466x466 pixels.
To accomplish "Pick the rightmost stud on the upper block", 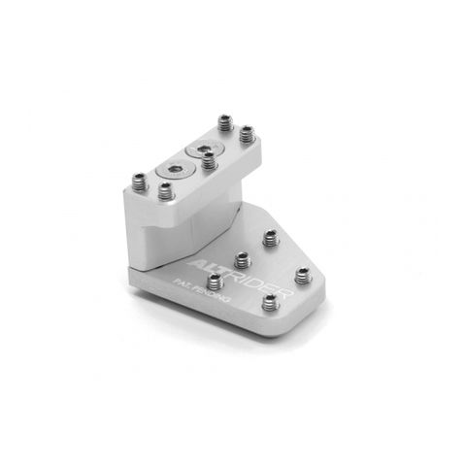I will click(x=247, y=133).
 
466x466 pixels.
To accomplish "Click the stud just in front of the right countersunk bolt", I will click(x=210, y=160).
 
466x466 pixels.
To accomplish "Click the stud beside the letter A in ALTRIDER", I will click(x=216, y=282).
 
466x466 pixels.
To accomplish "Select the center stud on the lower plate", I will click(x=243, y=259).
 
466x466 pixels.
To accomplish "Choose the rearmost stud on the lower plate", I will click(x=269, y=236).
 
